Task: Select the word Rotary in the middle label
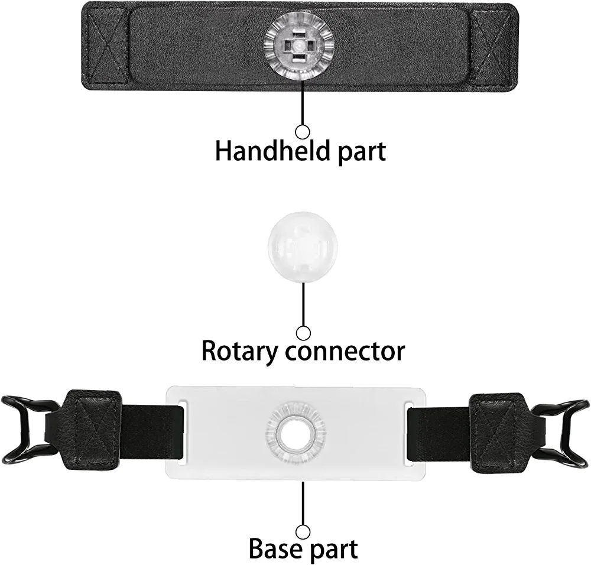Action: pos(239,350)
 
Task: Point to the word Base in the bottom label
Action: pos(272,548)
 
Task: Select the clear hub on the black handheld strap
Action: pos(298,46)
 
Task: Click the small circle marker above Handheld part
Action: pos(303,131)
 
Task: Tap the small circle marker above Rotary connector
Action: pos(303,333)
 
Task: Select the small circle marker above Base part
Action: pos(303,530)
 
